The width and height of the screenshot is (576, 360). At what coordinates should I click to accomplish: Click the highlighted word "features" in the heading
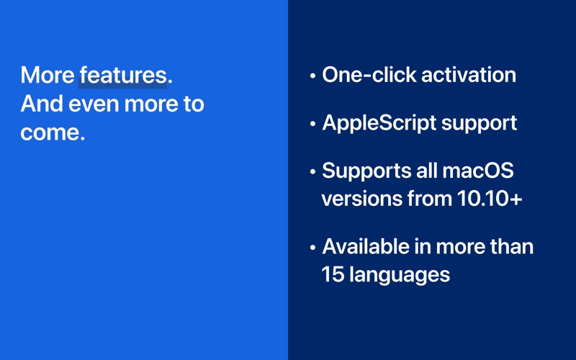click(x=123, y=76)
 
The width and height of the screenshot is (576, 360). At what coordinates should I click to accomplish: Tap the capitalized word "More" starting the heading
click(x=48, y=76)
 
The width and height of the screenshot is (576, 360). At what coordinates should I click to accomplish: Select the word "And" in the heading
click(x=42, y=104)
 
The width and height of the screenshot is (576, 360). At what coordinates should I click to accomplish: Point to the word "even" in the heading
click(x=94, y=104)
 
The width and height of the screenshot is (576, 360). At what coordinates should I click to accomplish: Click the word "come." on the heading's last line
click(x=53, y=132)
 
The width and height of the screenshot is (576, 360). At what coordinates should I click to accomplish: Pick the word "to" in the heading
click(x=193, y=104)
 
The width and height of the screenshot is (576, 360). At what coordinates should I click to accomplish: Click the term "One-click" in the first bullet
click(x=369, y=75)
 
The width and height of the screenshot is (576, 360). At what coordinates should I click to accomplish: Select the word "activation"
click(x=469, y=75)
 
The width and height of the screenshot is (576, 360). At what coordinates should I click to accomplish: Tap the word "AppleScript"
click(x=379, y=123)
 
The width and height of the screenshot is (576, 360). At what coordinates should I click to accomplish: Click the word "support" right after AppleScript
click(x=479, y=124)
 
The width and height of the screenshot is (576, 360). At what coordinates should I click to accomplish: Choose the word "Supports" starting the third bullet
click(x=366, y=171)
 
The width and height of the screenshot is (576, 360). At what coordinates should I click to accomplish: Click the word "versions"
click(x=361, y=199)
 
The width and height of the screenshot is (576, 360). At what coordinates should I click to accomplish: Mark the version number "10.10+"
click(x=490, y=199)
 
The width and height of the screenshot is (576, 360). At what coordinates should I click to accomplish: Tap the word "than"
click(x=512, y=246)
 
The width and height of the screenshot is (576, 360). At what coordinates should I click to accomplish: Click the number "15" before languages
click(x=333, y=274)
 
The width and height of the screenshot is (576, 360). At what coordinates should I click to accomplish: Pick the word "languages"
click(x=400, y=276)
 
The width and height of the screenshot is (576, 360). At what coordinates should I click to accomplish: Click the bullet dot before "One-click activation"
click(x=312, y=76)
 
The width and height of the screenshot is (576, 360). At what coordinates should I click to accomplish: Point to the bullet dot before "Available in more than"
click(x=312, y=248)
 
